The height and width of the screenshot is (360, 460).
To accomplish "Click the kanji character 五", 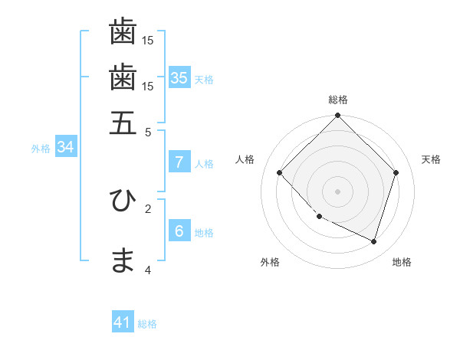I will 123,123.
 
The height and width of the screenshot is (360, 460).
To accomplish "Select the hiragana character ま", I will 123,261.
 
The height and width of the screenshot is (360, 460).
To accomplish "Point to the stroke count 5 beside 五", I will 149,132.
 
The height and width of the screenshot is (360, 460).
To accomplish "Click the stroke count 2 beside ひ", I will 148,208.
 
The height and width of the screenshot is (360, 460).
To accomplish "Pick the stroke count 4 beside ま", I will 148,270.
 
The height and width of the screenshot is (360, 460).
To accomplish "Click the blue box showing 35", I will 179,77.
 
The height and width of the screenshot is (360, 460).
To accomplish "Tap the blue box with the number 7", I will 179,162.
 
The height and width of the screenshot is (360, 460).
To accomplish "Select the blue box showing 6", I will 179,231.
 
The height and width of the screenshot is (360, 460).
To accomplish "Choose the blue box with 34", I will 65,147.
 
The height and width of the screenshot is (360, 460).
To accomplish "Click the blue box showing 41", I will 123,322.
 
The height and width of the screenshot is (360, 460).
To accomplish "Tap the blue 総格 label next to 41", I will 147,324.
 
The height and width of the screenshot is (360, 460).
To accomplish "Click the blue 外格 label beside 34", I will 41,149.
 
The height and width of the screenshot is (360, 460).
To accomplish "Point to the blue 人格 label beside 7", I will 204,164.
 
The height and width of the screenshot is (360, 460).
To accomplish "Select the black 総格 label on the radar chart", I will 338,100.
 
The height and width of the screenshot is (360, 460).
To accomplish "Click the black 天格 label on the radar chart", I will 431,159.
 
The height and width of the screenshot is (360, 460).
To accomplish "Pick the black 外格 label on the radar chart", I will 270,263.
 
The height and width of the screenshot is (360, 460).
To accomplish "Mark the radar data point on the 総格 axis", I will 337,116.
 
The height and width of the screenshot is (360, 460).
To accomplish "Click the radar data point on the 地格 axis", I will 374,242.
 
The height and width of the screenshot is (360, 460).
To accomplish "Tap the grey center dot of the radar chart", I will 337,191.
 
